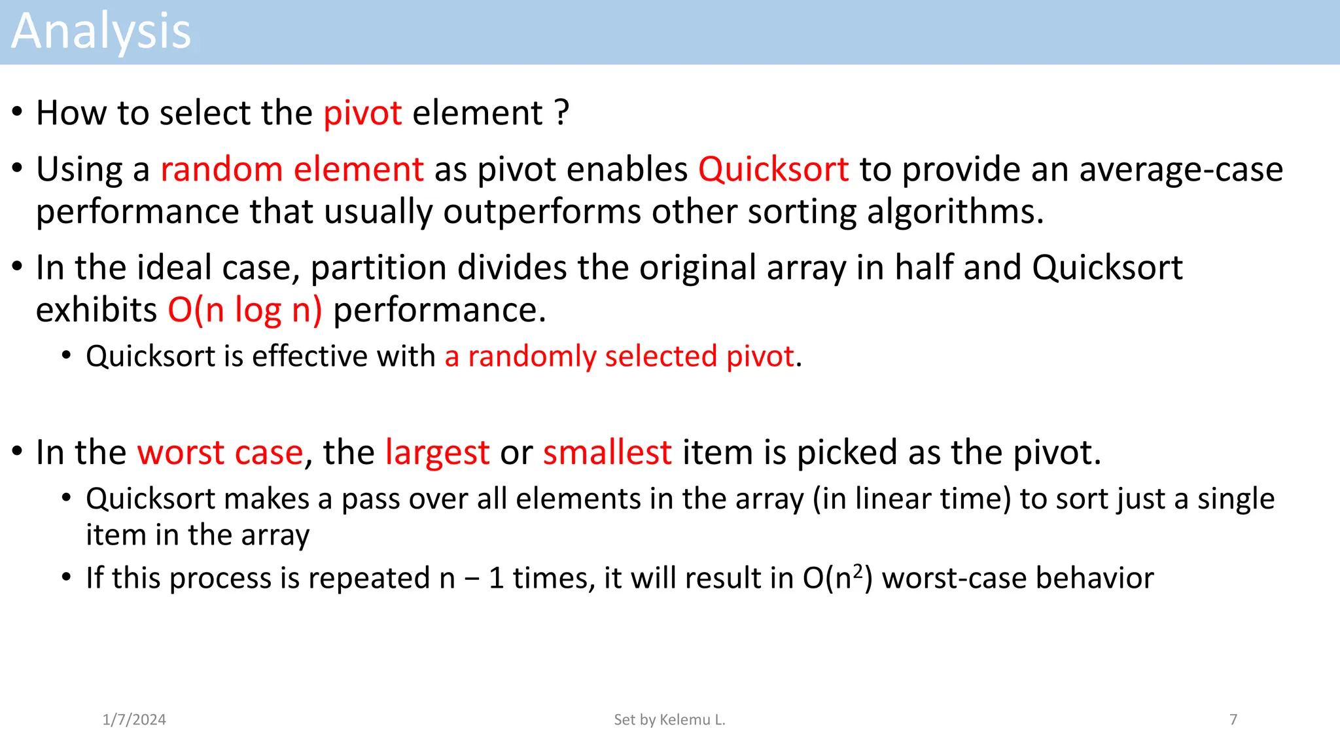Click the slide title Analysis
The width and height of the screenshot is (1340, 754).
click(101, 31)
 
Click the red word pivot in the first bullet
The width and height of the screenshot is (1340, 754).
click(362, 113)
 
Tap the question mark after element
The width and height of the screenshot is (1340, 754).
click(562, 113)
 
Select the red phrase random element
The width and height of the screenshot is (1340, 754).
click(292, 170)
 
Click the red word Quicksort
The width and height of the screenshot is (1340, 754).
click(773, 170)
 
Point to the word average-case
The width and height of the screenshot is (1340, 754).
click(1180, 170)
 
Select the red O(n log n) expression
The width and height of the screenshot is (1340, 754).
click(245, 310)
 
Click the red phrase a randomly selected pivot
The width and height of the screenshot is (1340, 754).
click(619, 357)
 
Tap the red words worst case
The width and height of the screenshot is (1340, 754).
click(220, 452)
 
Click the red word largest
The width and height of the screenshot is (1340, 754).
click(437, 452)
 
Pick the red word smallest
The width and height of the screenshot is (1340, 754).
click(607, 452)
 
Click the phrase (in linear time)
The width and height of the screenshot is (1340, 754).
click(912, 499)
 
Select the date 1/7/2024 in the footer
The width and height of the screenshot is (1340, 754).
click(134, 719)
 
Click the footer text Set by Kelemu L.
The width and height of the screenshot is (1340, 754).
click(669, 719)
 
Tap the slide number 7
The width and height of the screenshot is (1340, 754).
click(1233, 719)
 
